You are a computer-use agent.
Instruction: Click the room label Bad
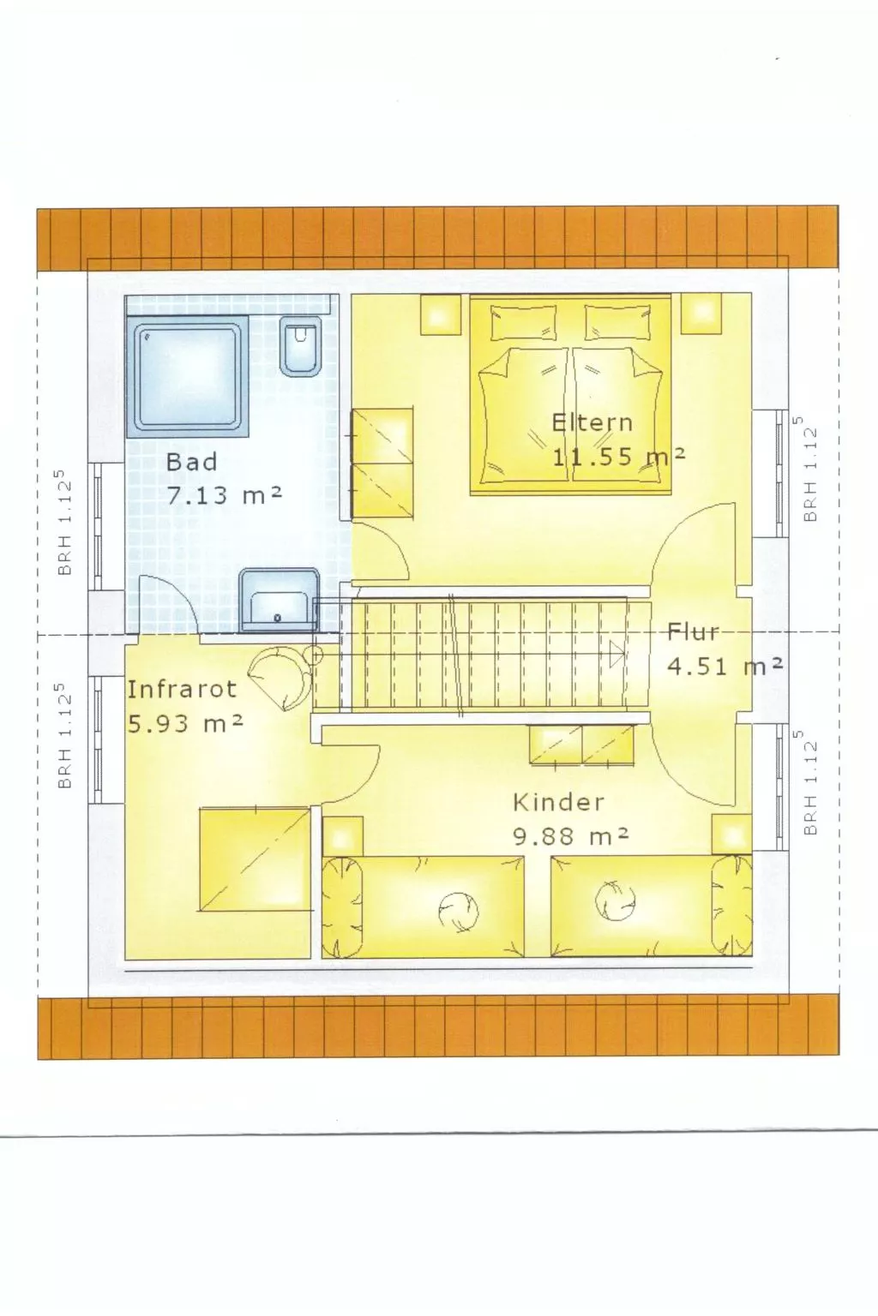tap(191, 463)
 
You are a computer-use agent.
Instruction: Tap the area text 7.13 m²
tap(225, 494)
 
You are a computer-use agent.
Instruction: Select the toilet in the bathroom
tap(300, 346)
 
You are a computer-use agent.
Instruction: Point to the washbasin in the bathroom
tap(280, 599)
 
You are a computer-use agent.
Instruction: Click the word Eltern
tap(592, 422)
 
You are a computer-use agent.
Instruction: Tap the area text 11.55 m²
tap(617, 456)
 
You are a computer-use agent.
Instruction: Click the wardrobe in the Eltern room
tap(383, 463)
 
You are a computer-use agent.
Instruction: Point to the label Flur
tap(693, 632)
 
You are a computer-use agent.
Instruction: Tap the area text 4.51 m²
tap(725, 666)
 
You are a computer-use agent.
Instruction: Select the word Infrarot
tap(181, 689)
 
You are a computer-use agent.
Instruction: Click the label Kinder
tap(558, 803)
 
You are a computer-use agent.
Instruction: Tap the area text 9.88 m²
tap(571, 835)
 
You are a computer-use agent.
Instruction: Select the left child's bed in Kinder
tap(424, 906)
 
